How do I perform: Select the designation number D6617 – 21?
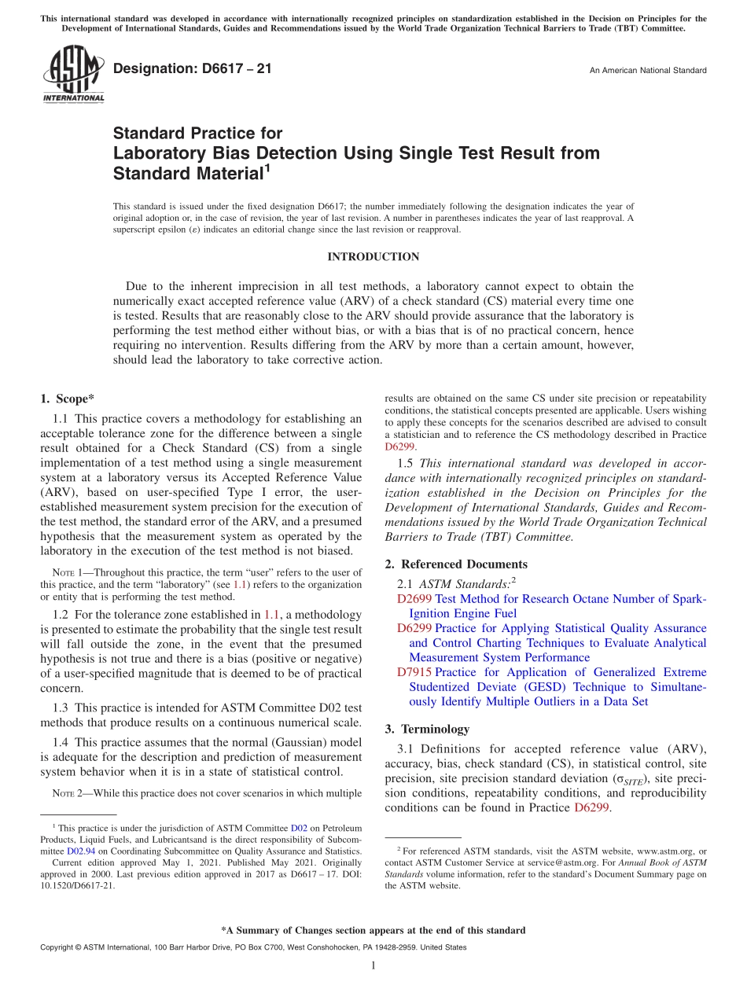click(x=193, y=69)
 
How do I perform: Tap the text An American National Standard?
click(x=648, y=71)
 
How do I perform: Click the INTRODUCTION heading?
click(x=373, y=257)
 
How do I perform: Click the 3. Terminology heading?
click(x=427, y=729)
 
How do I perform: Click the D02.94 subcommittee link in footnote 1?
click(x=81, y=851)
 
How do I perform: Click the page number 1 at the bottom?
click(x=373, y=965)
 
